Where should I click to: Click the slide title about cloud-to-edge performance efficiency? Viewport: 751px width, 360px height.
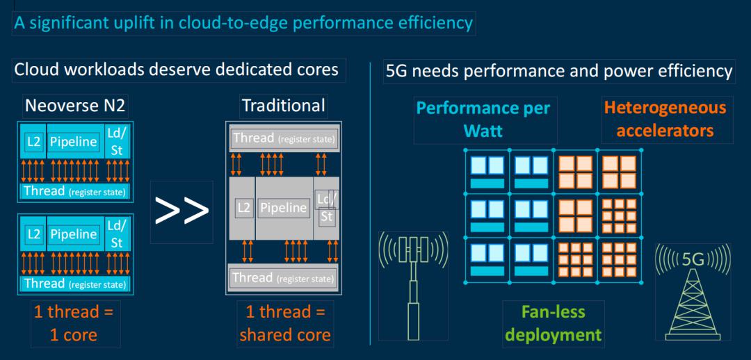click(243, 23)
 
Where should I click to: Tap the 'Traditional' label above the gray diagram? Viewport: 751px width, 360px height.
click(283, 106)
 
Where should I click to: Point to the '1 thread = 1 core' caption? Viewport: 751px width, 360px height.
click(74, 324)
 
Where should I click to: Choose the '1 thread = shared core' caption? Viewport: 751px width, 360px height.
click(284, 324)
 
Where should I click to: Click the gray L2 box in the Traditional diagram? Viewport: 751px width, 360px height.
click(243, 207)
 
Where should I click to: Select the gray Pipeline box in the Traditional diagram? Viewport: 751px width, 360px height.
click(283, 207)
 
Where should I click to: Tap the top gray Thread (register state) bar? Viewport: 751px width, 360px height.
click(283, 139)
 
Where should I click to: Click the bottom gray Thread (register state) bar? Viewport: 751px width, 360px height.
click(283, 278)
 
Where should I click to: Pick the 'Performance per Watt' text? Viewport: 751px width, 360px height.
click(483, 119)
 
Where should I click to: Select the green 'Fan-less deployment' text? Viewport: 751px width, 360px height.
click(553, 324)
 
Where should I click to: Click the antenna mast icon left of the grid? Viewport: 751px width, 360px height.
click(413, 285)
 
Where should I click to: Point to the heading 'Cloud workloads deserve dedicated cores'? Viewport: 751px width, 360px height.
click(177, 69)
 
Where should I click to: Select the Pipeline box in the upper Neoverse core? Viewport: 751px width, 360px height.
click(74, 142)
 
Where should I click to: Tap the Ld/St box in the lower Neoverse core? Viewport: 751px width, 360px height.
click(116, 234)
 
